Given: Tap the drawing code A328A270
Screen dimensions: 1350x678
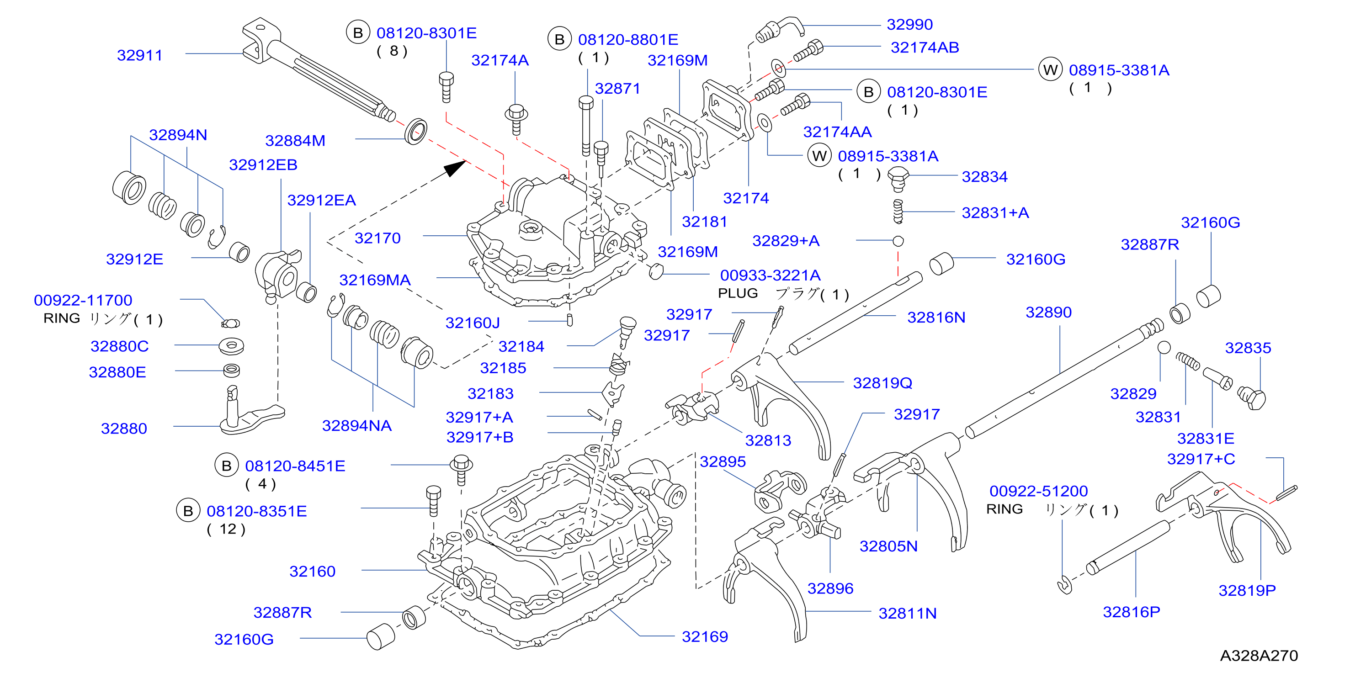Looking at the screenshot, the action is coord(1259,656).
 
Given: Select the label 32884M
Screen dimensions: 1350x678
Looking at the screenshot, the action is coord(295,140).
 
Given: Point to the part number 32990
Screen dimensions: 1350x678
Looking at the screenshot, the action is coord(910,24).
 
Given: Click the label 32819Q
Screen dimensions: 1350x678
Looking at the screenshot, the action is coord(882,383).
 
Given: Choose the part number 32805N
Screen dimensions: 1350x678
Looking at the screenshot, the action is coord(889,546).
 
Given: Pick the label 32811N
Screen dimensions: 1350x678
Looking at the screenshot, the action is coord(908,613).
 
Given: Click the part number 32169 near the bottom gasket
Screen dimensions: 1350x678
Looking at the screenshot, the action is coord(705,636).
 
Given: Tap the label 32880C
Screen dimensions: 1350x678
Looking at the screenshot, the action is coord(119,346).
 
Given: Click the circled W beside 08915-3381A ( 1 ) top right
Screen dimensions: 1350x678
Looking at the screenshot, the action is coord(1050,70).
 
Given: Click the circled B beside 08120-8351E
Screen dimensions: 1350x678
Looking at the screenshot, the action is coord(188,511).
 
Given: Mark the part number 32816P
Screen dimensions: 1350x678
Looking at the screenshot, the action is coord(1132,611).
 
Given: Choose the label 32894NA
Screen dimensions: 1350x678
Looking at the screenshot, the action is coord(357,425).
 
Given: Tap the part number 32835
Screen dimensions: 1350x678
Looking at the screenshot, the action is coord(1248,347).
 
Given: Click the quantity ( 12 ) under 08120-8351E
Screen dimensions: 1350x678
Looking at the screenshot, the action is coord(226,529).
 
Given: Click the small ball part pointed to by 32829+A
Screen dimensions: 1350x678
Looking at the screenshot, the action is coord(898,241).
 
